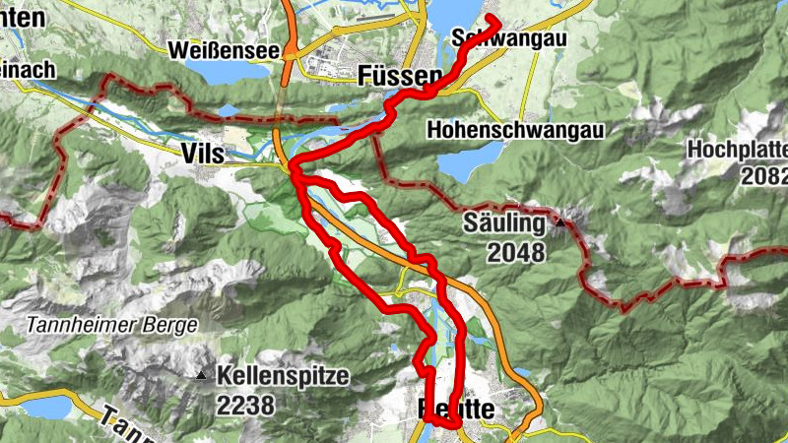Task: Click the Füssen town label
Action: pyautogui.click(x=402, y=76)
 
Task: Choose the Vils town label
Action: pyautogui.click(x=204, y=154)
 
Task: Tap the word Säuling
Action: pyautogui.click(x=502, y=223)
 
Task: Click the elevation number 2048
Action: pyautogui.click(x=514, y=253)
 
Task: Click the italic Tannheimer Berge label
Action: pyautogui.click(x=111, y=324)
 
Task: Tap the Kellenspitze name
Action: pyautogui.click(x=283, y=375)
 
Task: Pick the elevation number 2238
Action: pyautogui.click(x=249, y=404)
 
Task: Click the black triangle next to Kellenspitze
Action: pyautogui.click(x=201, y=375)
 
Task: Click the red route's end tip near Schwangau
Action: pyautogui.click(x=489, y=20)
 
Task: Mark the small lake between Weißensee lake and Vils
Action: pyautogui.click(x=229, y=111)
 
